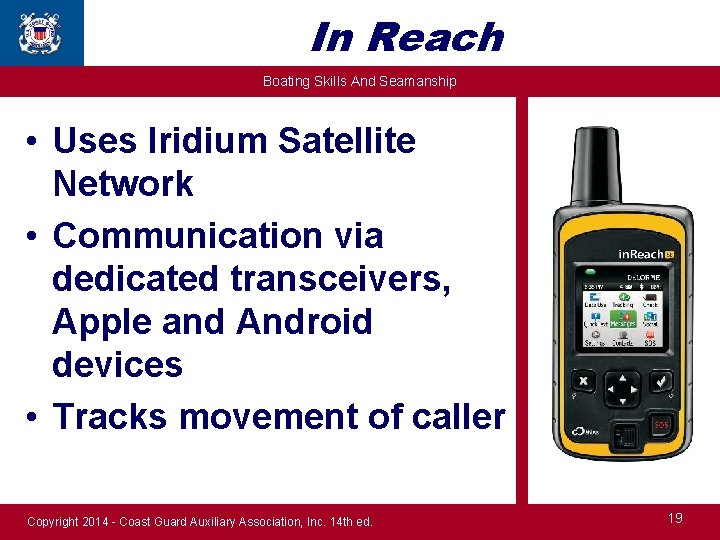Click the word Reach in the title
coord(436,38)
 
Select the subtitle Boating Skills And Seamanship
coord(359,81)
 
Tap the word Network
coord(123,184)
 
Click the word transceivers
coord(341,279)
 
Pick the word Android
coord(304,322)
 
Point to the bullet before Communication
coord(34,237)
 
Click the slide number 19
coord(675,518)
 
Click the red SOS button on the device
coord(661,425)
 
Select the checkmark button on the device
coord(661,382)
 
